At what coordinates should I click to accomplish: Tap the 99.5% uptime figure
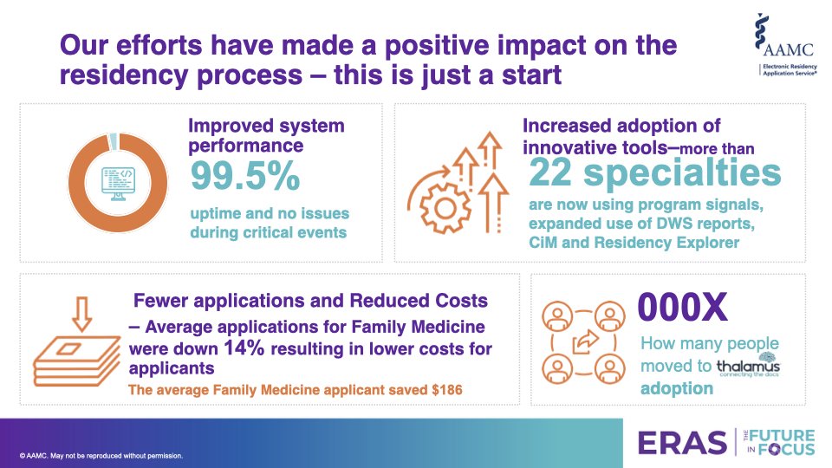[x=245, y=177]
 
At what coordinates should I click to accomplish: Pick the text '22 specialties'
[x=654, y=173]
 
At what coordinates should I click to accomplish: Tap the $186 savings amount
[x=445, y=390]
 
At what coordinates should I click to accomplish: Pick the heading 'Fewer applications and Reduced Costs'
[x=310, y=301]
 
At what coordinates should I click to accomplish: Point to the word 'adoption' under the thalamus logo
[x=676, y=389]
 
